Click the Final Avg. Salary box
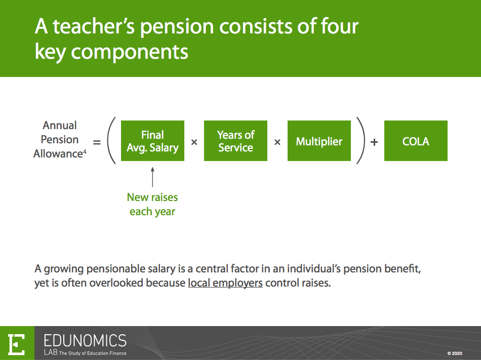pos(152,141)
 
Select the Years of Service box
pos(235,141)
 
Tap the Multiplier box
pos(319,141)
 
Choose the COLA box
pos(416,141)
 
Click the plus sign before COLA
pos(374,142)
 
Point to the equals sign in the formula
pos(97,142)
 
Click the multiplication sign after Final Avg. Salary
pos(194,142)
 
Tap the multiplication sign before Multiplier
pos(277,142)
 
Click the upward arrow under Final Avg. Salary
pos(152,177)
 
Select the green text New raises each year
pos(152,205)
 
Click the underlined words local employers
pos(225,283)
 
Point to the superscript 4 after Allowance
pos(85,151)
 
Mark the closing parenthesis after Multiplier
pos(360,141)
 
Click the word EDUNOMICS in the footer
pos(85,341)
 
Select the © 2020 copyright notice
pos(455,353)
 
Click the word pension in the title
pos(177,26)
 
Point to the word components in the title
pos(130,52)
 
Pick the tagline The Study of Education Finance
pos(93,353)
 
